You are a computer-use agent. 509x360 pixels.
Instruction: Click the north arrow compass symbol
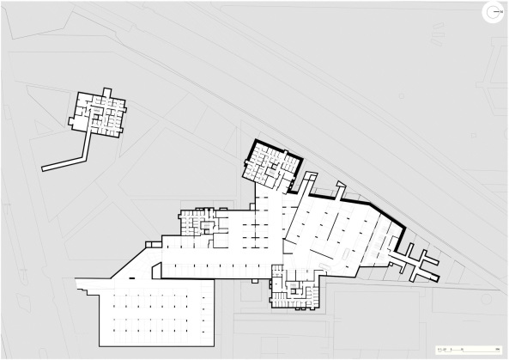coord(491,12)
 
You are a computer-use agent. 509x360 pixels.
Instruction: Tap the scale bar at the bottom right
coord(469,350)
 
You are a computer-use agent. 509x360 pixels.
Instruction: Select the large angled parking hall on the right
coord(339,232)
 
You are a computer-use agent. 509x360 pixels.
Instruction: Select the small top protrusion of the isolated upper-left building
coord(106,92)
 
